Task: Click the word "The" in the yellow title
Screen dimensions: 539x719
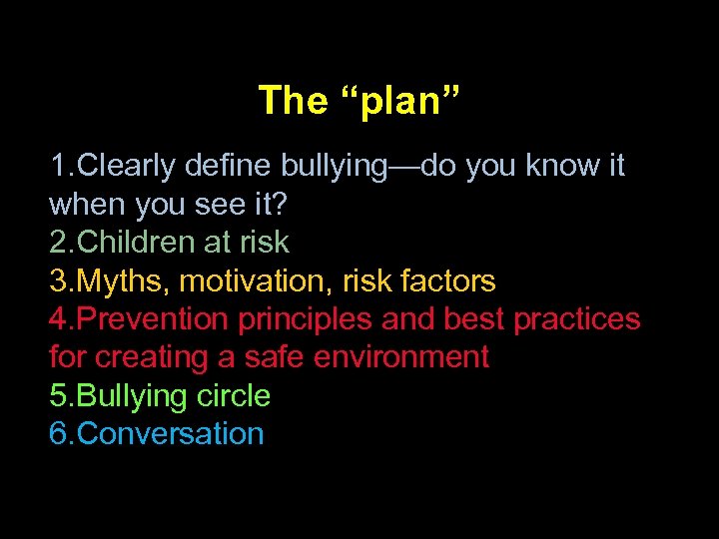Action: (x=293, y=100)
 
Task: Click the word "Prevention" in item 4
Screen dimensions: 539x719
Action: (x=152, y=319)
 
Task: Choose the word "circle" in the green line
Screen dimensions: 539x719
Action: (x=233, y=396)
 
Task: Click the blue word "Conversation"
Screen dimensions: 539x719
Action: (x=170, y=434)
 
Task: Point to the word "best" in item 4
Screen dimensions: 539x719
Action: (x=474, y=319)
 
